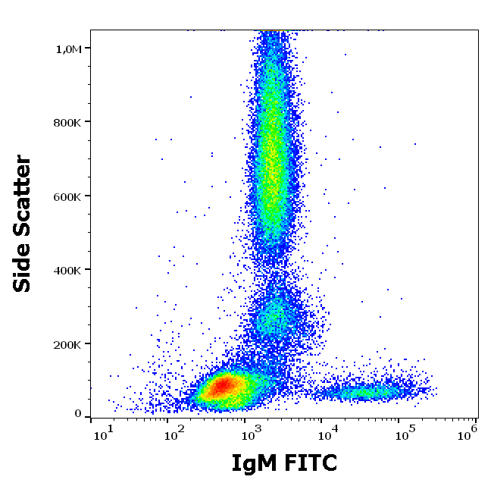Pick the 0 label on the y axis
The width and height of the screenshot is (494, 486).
pos(78,414)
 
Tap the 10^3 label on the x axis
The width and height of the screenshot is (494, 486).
pos(252,433)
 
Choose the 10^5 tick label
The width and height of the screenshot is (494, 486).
pos(405,433)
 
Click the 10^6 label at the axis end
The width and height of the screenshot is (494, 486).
pos(467,432)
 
